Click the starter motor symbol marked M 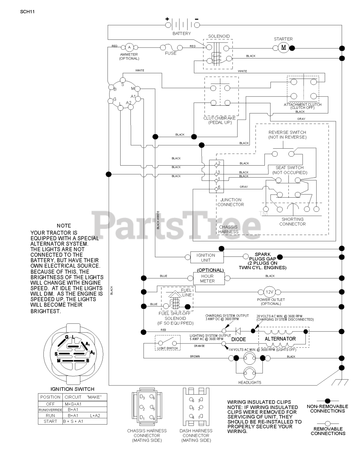coord(283,48)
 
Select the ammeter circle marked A coord(129,47)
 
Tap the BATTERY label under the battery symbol coord(182,33)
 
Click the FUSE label coord(171,53)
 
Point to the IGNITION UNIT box coord(206,258)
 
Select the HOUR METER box coord(207,278)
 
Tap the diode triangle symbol coord(238,331)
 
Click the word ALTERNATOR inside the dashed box coord(280,339)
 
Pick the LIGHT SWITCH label coord(167,348)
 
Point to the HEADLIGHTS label coord(250,382)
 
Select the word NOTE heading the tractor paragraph coord(64,225)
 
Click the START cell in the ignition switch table coord(50,421)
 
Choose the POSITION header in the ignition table coord(50,397)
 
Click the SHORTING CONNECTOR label coord(292,221)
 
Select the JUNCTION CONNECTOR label coord(231,202)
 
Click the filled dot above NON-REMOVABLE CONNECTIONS coord(328,401)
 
